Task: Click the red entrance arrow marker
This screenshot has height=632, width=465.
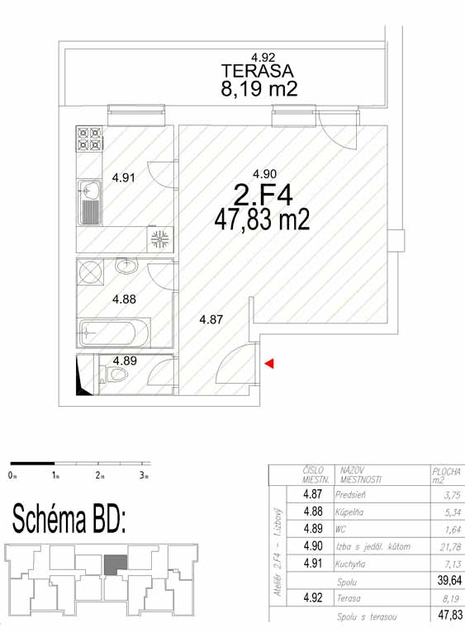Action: pos(269,363)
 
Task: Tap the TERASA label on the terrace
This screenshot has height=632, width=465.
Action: pos(258,71)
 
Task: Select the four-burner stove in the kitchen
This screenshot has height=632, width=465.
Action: pos(89,139)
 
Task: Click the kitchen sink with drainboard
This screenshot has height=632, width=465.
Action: pos(90,202)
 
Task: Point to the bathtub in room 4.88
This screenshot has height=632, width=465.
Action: pos(115,333)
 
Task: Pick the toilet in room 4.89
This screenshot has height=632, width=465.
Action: pos(116,375)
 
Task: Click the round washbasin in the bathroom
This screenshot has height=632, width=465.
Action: pos(126,265)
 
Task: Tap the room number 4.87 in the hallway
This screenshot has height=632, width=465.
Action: pos(211,319)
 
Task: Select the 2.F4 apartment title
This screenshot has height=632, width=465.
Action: pos(263,196)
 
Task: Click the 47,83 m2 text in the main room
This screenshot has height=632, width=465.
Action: pos(262,220)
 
